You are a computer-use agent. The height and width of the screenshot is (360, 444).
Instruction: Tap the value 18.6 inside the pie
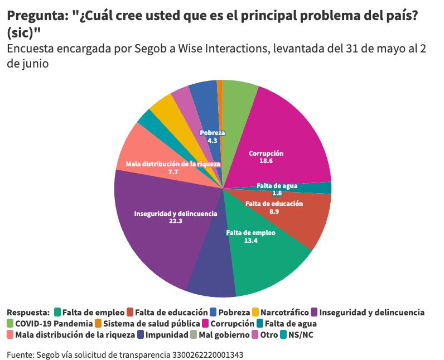pos(266,161)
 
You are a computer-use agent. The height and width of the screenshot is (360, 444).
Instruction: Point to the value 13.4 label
pos(250,241)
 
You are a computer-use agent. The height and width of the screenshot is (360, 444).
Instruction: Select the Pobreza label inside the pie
pos(212,133)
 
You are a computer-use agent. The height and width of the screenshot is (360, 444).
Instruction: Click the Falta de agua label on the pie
pos(277,186)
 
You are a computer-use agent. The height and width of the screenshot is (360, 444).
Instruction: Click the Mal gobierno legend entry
pos(223,335)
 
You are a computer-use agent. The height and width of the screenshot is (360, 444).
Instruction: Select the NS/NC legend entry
pos(303,335)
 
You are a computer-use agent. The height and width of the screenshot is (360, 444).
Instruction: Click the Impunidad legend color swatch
pos(141,335)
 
